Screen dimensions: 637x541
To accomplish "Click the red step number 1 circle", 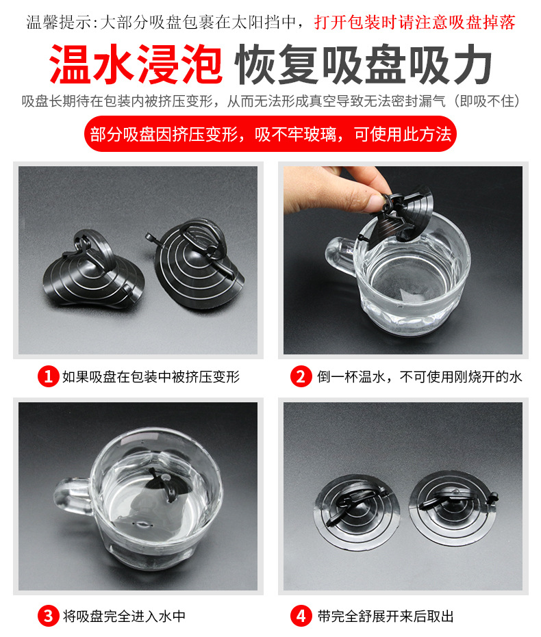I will pos(48,376).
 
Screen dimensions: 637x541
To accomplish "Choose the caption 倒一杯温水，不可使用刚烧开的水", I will pos(419,377).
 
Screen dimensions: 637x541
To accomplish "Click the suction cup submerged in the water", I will pos(164,486).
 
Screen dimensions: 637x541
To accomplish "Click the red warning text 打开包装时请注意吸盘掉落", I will pos(415,23).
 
